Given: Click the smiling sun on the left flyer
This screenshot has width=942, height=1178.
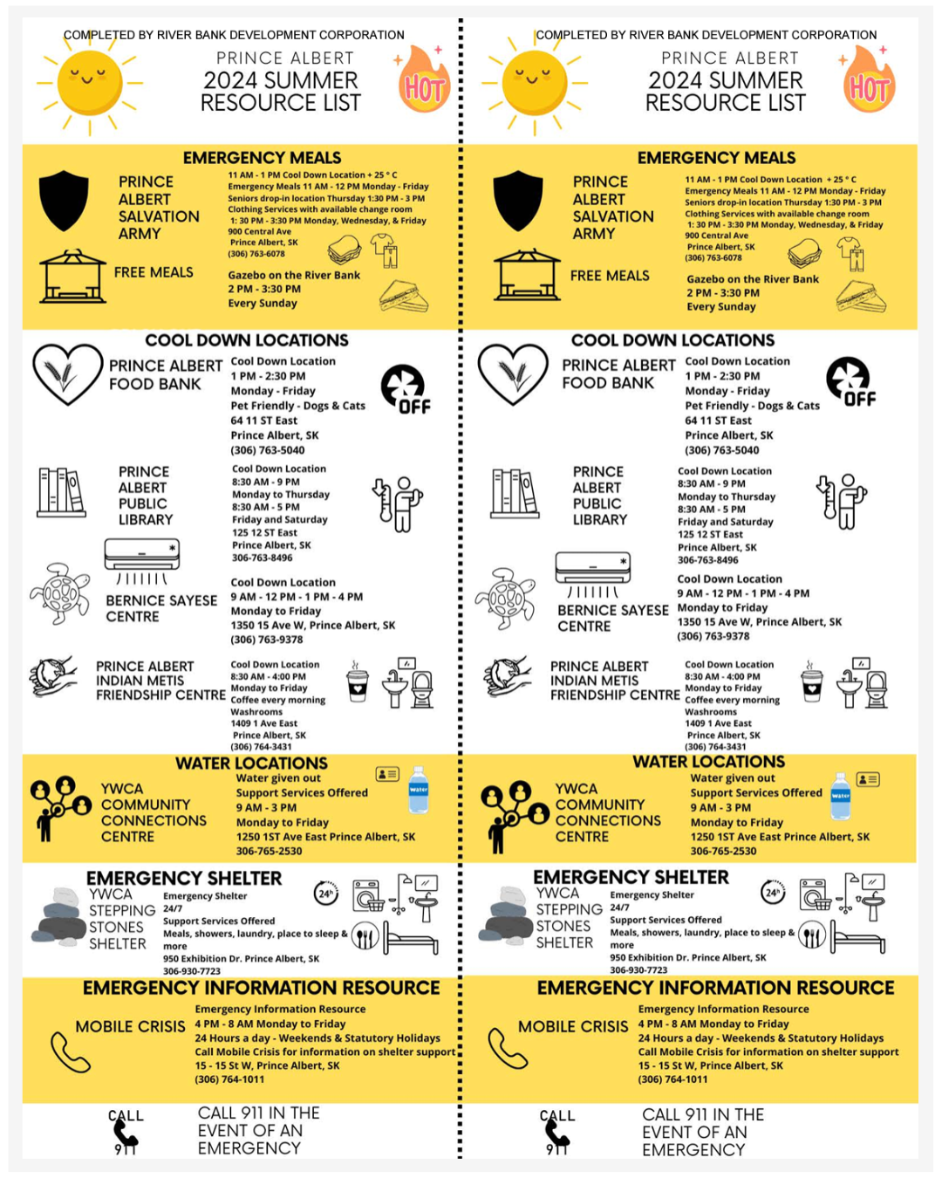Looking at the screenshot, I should click(x=89, y=83).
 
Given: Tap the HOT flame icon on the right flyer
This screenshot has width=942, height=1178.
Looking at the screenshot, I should click(x=869, y=86).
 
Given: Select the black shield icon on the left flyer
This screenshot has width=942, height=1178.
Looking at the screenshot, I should click(x=64, y=200).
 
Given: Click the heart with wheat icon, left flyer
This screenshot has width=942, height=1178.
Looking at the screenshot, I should click(x=67, y=373).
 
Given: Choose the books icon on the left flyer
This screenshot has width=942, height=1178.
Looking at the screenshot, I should click(x=61, y=492).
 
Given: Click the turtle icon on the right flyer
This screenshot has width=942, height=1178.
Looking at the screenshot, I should click(x=506, y=599).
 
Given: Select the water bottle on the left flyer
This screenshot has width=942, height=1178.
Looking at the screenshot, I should click(x=419, y=790).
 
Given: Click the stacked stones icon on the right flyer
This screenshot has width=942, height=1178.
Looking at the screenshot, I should click(x=510, y=915).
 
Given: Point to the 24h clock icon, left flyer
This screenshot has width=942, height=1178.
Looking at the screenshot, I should click(x=326, y=893).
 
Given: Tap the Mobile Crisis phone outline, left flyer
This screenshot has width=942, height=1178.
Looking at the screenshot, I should click(x=70, y=1051).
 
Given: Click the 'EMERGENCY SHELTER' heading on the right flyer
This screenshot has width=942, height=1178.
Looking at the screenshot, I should click(x=631, y=877).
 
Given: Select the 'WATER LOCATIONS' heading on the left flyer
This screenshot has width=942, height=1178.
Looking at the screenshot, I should click(x=251, y=764).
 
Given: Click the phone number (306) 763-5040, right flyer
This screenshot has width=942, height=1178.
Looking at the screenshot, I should click(x=721, y=450).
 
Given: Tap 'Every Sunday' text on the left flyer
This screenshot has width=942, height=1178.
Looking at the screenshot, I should click(x=263, y=303).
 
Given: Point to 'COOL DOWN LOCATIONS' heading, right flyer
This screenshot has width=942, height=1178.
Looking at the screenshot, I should click(x=672, y=340).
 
